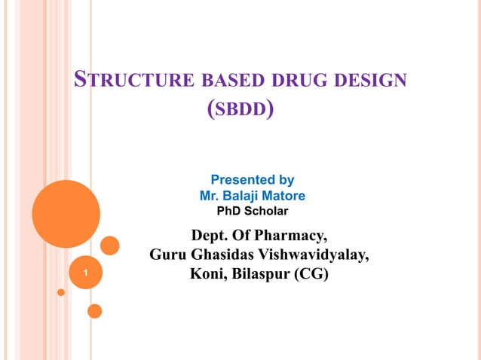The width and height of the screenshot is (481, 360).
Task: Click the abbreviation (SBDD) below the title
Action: click(240, 110)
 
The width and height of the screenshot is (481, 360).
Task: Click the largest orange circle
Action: click(66, 214)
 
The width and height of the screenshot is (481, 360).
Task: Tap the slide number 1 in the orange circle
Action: click(87, 274)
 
